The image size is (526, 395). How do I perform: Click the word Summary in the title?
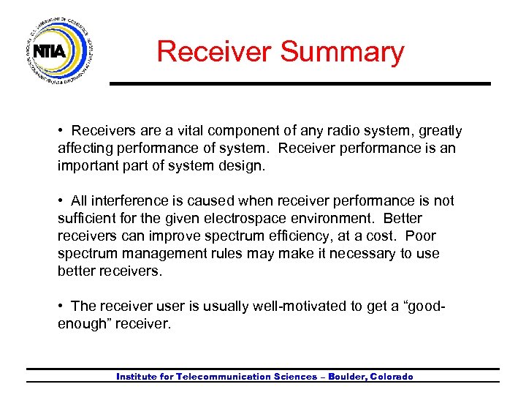(342, 52)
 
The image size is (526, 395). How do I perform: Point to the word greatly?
(441, 131)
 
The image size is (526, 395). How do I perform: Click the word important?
(86, 166)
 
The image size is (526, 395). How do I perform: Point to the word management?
(162, 254)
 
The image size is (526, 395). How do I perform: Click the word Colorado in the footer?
(392, 377)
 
